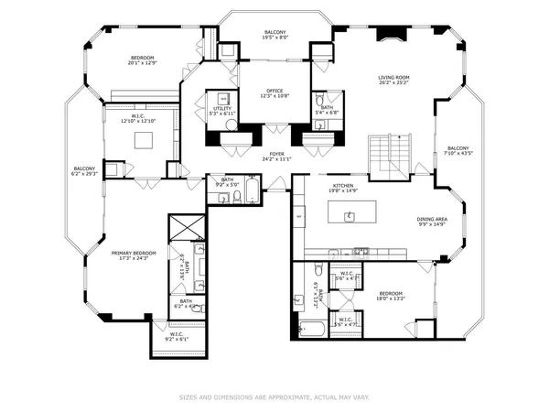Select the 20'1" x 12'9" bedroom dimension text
click(x=143, y=64)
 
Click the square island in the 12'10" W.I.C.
click(x=144, y=140)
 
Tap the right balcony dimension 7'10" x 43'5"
click(x=457, y=153)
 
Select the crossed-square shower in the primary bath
click(x=183, y=227)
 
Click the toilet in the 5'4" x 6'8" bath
click(x=320, y=100)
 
